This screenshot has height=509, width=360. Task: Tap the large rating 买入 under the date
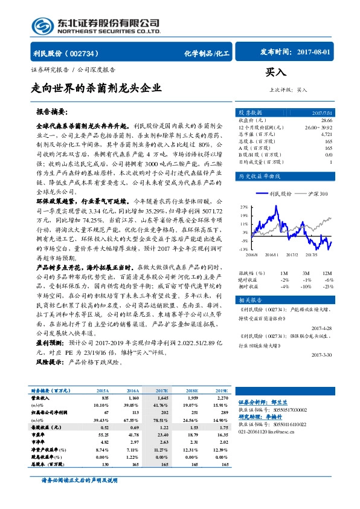275,72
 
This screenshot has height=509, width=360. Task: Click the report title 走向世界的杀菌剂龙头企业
97,88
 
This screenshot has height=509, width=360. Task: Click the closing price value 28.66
327,121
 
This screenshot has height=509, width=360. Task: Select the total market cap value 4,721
326,134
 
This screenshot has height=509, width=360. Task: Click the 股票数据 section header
250,113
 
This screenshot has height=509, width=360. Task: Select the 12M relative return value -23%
329,287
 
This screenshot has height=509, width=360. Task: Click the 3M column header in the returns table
306,273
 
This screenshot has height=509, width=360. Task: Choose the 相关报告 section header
250,300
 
